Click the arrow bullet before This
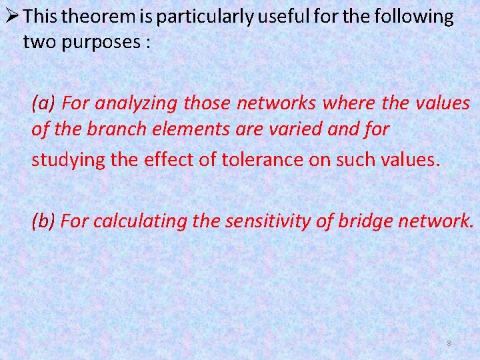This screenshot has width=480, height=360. (x=11, y=16)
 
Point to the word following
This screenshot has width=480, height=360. (x=411, y=17)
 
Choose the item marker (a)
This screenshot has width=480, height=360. (x=44, y=103)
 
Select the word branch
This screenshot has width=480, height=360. (x=109, y=129)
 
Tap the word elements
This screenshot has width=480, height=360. (x=173, y=129)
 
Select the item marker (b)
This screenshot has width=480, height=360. (x=44, y=221)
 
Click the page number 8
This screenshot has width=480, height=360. (x=449, y=343)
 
